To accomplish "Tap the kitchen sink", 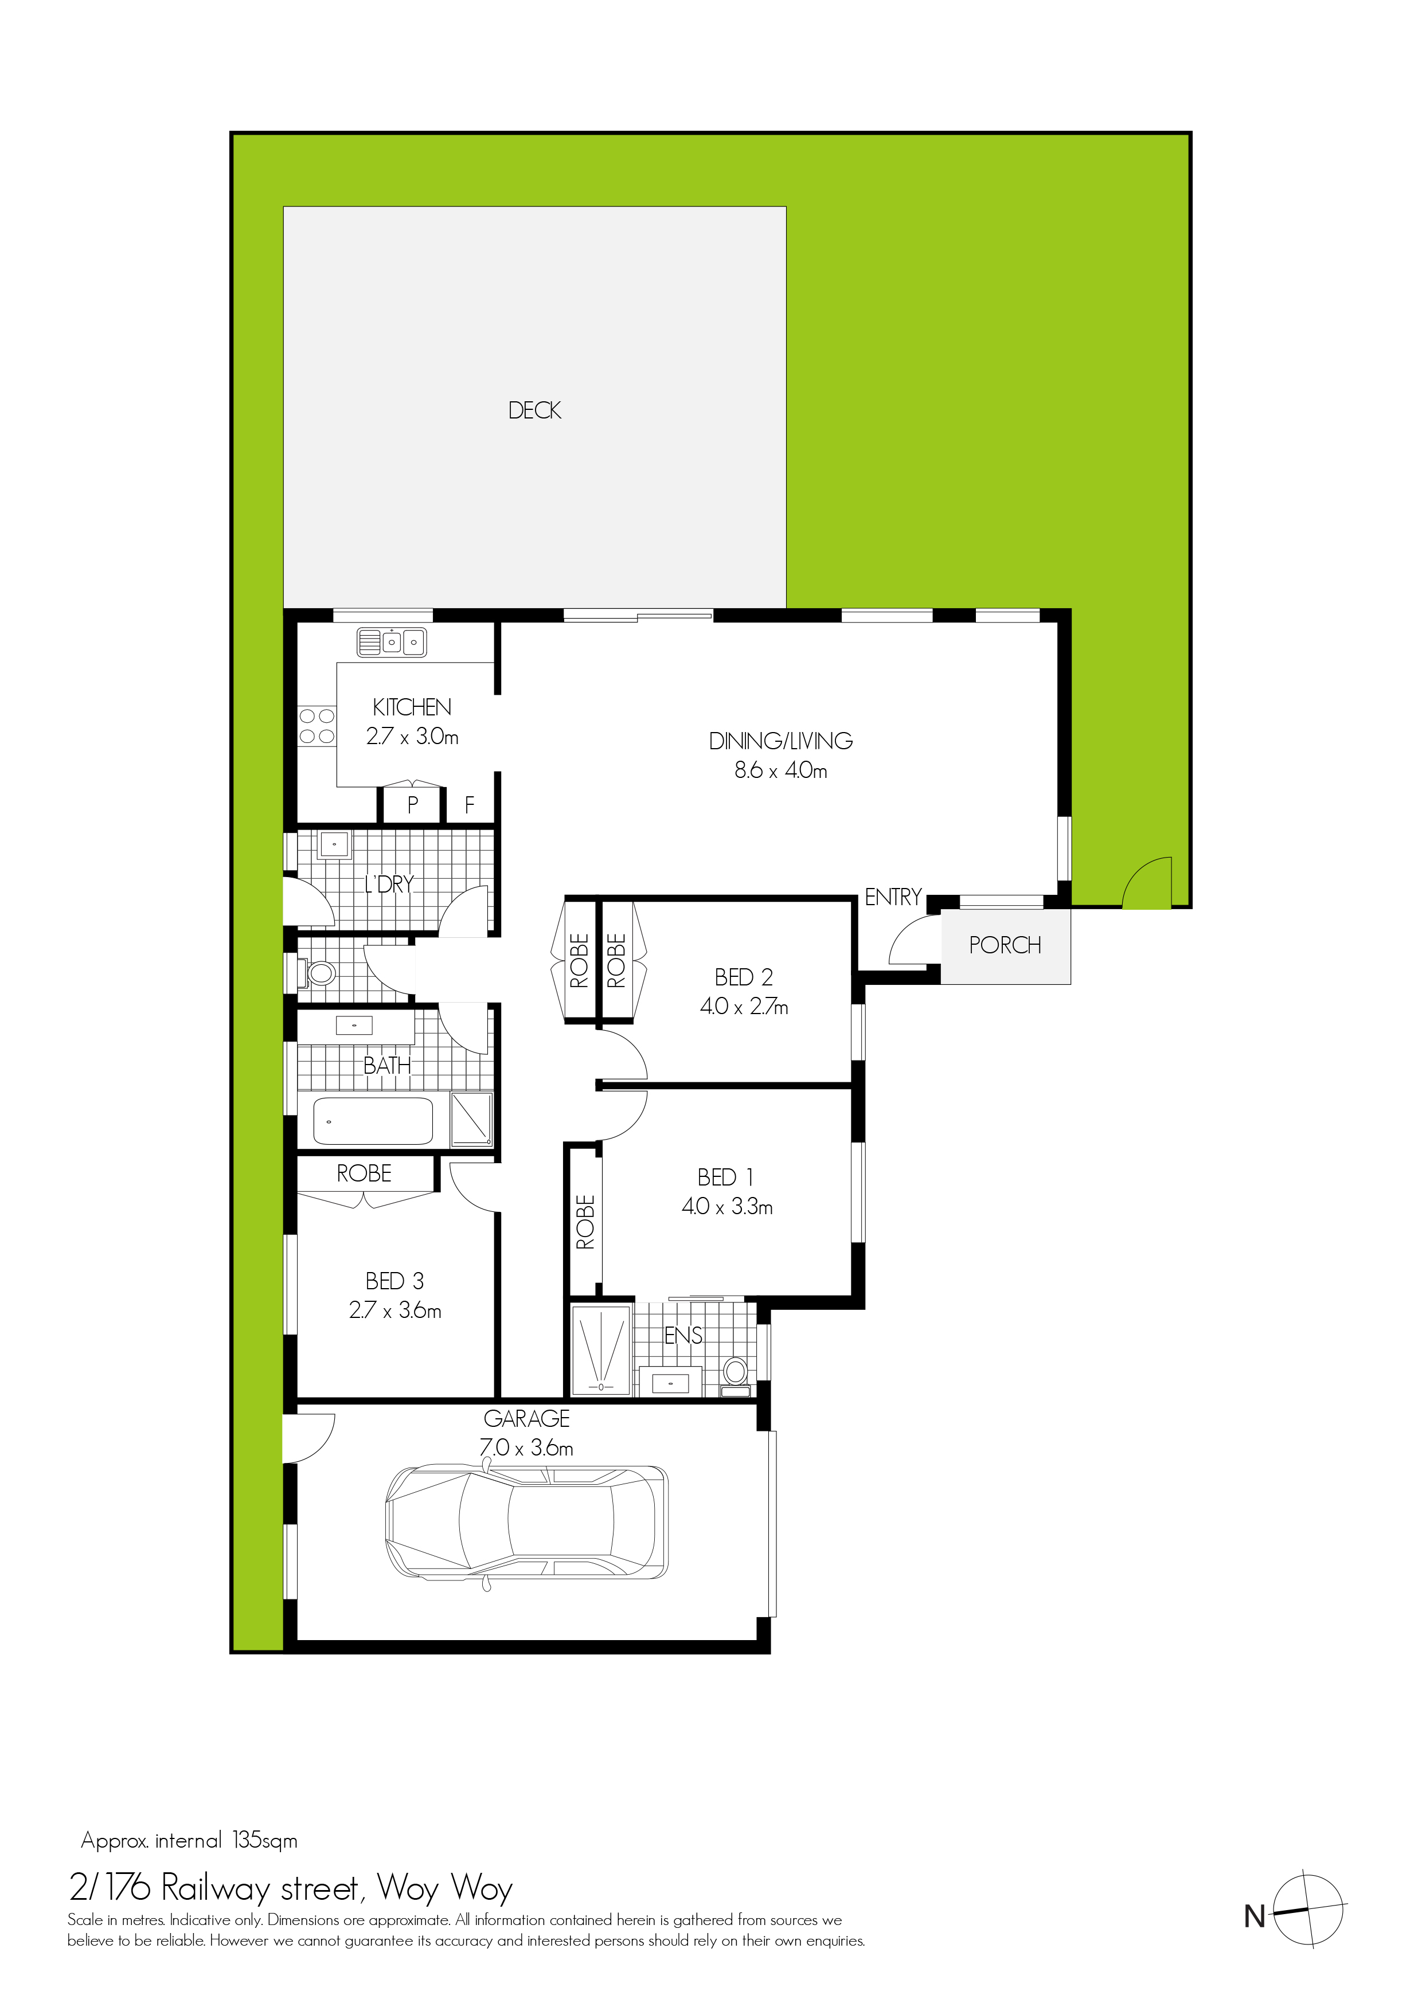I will (x=392, y=642).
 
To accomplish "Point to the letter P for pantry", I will (x=413, y=804).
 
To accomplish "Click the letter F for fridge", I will (x=470, y=804).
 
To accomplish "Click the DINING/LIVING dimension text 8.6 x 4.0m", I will (x=780, y=771).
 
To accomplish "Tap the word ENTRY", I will (x=893, y=897).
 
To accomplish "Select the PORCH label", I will (x=1005, y=945).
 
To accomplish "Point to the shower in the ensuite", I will (x=601, y=1349).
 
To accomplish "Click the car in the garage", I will (x=526, y=1521).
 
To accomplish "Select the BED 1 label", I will (x=725, y=1177).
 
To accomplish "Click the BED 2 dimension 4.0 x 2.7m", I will (x=744, y=1007).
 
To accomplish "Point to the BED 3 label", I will (x=394, y=1281).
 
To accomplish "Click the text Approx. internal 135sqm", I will (x=189, y=1840).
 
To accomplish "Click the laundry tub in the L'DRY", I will (x=335, y=845).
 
